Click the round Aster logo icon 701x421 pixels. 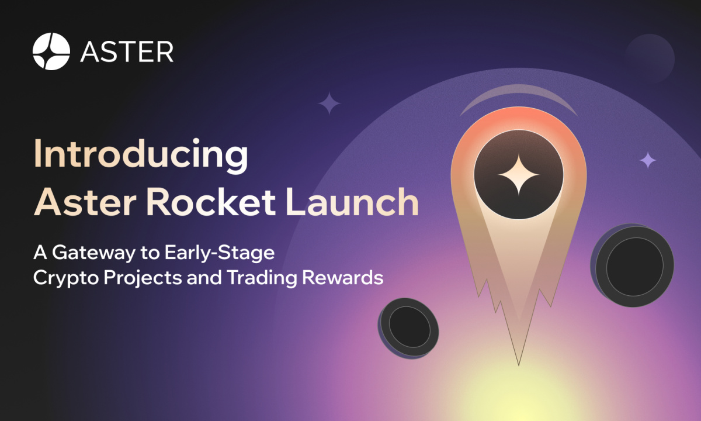[51, 51]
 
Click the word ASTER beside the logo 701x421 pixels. [127, 51]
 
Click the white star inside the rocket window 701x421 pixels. [518, 175]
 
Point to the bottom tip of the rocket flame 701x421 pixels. [519, 364]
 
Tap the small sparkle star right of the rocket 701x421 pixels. [648, 160]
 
